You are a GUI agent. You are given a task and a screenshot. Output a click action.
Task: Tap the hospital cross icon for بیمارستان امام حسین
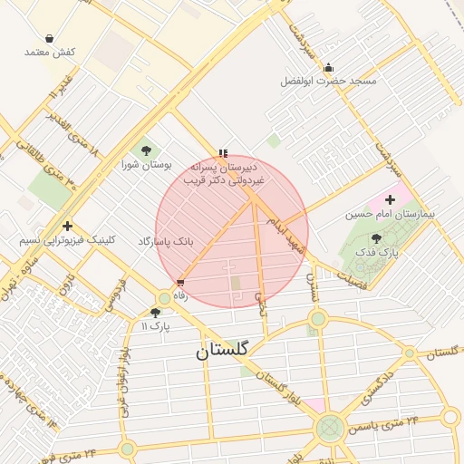click(391, 199)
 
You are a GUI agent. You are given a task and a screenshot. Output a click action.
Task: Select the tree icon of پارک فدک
click(376, 238)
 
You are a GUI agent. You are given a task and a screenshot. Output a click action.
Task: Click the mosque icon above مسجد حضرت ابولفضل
click(327, 67)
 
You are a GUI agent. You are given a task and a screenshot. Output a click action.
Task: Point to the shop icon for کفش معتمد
click(48, 39)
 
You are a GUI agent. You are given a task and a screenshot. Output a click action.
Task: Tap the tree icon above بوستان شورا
click(146, 150)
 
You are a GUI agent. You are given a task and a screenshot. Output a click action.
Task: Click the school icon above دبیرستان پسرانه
click(223, 153)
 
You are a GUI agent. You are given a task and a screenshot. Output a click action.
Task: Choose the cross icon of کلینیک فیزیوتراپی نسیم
click(67, 226)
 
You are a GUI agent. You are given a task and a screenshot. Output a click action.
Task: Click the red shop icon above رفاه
click(180, 283)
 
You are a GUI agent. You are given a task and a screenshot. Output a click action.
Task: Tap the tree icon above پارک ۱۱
click(155, 312)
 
